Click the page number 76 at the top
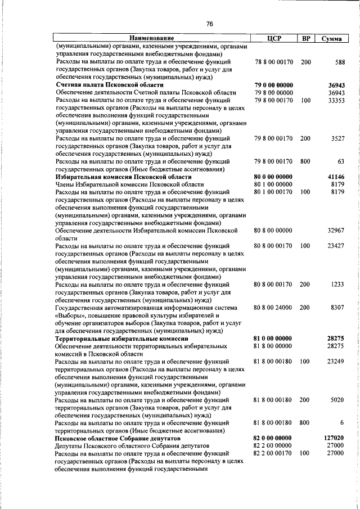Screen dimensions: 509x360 pyautogui.click(x=209, y=24)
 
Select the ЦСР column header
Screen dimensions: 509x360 pyautogui.click(x=273, y=38)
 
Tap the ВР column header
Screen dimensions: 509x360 pyautogui.click(x=305, y=38)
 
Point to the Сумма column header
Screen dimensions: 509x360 pyautogui.click(x=334, y=38)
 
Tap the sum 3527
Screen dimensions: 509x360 pyautogui.click(x=337, y=138)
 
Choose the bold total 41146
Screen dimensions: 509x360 pyautogui.click(x=335, y=176)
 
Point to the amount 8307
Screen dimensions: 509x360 pyautogui.click(x=337, y=308)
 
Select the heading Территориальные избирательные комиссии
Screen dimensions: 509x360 pyautogui.click(x=121, y=338)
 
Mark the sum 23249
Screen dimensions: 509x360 pyautogui.click(x=336, y=361)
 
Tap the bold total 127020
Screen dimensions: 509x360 pyautogui.click(x=334, y=438)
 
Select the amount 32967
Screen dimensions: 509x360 pyautogui.click(x=336, y=231)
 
